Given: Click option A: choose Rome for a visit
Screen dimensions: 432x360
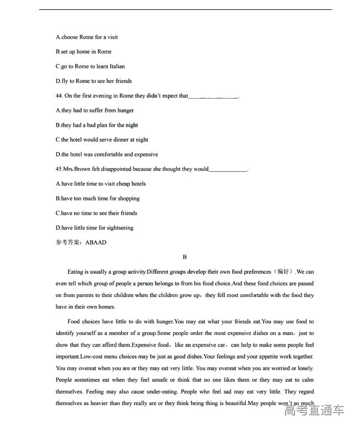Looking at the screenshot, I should (x=87, y=37).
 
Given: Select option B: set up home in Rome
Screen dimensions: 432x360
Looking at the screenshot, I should (x=83, y=52).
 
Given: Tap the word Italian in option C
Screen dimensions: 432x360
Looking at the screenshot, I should (x=117, y=67).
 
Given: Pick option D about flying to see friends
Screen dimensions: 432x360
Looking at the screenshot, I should (x=94, y=81).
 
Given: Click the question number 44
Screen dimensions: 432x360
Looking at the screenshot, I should (x=59, y=96).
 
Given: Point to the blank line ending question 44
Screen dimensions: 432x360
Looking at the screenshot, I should (x=213, y=97).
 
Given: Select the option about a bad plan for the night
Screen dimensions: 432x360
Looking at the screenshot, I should (x=97, y=125).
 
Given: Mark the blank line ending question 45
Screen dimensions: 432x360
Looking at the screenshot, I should (x=228, y=170).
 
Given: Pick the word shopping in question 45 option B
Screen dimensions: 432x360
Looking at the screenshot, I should (x=128, y=198).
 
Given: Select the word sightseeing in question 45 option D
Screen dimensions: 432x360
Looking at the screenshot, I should (x=119, y=228).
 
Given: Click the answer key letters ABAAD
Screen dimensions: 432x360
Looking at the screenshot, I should (x=95, y=242).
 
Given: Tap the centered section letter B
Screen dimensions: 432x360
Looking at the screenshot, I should (x=185, y=257).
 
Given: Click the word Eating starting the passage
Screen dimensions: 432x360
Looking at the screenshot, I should (x=75, y=272).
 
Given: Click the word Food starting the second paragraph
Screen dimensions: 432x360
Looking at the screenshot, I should (x=73, y=321).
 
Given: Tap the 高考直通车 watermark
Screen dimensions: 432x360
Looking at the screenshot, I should (x=314, y=411).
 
